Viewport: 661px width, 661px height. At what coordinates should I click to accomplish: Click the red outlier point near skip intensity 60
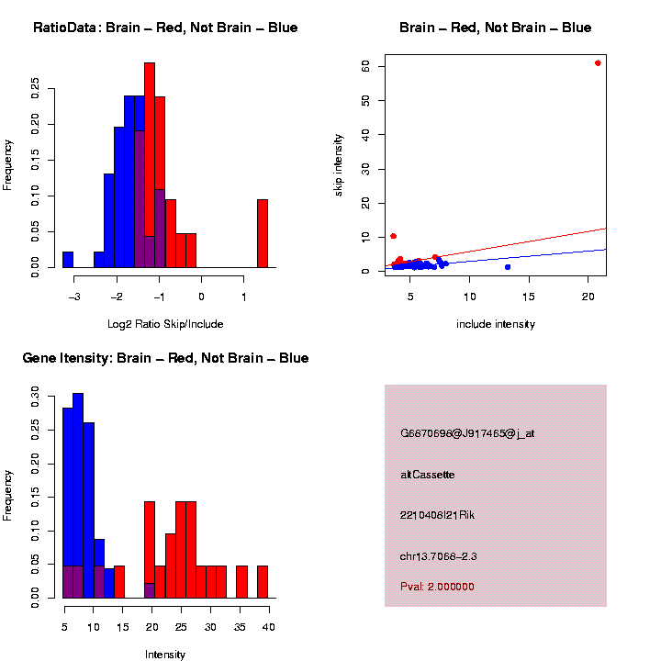click(598, 63)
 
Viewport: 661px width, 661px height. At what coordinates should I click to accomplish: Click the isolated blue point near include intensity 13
click(508, 267)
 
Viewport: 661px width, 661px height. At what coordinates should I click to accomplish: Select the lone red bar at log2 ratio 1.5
click(263, 233)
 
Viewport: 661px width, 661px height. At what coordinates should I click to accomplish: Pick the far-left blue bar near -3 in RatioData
click(68, 260)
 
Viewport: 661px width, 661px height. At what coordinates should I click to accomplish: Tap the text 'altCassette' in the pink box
click(428, 475)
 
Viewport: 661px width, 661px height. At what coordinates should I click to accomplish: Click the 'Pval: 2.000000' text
click(438, 587)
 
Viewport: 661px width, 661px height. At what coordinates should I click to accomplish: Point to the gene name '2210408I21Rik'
click(438, 515)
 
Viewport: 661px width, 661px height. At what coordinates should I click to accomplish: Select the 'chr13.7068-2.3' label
click(439, 556)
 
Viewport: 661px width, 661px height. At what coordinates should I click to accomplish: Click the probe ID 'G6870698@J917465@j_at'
click(467, 433)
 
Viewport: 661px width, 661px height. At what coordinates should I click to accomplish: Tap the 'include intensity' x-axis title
click(496, 324)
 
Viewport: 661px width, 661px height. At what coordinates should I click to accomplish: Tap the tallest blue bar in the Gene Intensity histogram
click(78, 496)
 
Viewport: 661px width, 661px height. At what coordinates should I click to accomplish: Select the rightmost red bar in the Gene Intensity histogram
click(263, 582)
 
